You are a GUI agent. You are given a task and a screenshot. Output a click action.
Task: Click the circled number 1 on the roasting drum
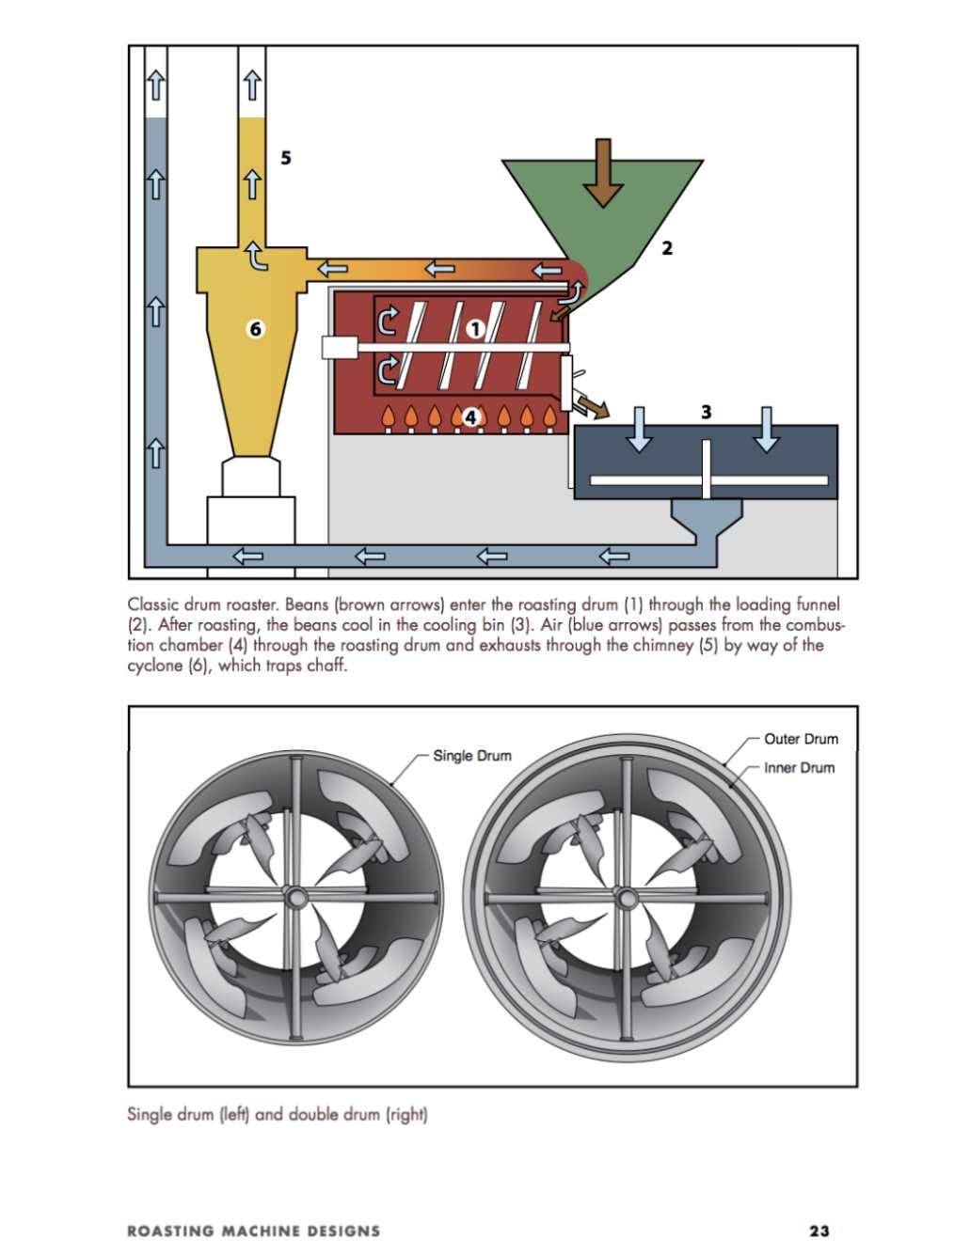474,329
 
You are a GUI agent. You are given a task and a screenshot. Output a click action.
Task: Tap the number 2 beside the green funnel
667,248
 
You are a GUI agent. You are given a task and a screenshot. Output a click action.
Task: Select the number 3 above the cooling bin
707,412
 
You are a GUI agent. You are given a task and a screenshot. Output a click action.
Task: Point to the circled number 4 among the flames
470,418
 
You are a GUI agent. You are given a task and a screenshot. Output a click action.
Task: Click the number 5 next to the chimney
286,157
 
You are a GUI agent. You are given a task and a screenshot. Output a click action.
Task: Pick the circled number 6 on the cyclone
255,329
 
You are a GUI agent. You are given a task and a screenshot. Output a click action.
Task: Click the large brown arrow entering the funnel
603,173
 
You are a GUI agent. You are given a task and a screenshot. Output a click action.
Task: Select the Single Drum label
472,756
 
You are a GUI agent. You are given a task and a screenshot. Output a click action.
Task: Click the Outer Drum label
801,739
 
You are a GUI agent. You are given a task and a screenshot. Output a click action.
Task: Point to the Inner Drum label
799,767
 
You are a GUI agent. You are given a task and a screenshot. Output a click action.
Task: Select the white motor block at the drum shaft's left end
340,348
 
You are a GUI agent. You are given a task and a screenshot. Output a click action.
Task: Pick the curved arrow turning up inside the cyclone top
256,256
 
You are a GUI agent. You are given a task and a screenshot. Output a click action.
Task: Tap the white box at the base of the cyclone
250,520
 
